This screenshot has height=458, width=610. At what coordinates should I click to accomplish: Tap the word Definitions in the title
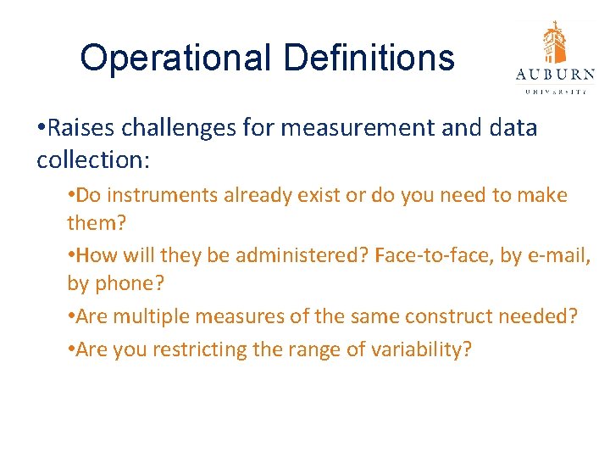[x=369, y=59]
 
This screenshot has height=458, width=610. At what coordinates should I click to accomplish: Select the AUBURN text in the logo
[x=555, y=75]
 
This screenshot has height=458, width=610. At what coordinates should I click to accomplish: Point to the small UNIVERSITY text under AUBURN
[x=555, y=91]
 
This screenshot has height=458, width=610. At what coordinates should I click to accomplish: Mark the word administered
[x=313, y=255]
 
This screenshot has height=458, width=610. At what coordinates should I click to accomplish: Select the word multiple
[x=144, y=316]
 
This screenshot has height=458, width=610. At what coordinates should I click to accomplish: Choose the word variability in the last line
[x=418, y=349]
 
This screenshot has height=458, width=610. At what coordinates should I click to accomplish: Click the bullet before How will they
[x=71, y=256]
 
